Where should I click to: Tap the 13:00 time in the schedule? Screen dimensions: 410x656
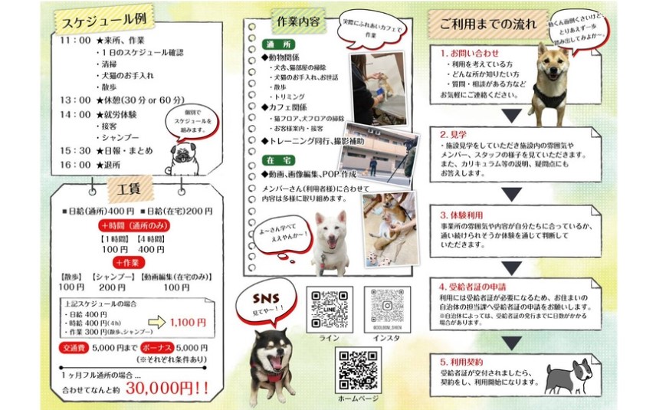(75, 100)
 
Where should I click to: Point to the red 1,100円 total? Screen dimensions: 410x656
(189, 323)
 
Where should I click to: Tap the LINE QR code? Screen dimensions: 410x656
(330, 309)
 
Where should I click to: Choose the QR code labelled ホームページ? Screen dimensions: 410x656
(358, 370)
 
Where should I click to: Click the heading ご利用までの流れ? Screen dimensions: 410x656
(487, 24)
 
